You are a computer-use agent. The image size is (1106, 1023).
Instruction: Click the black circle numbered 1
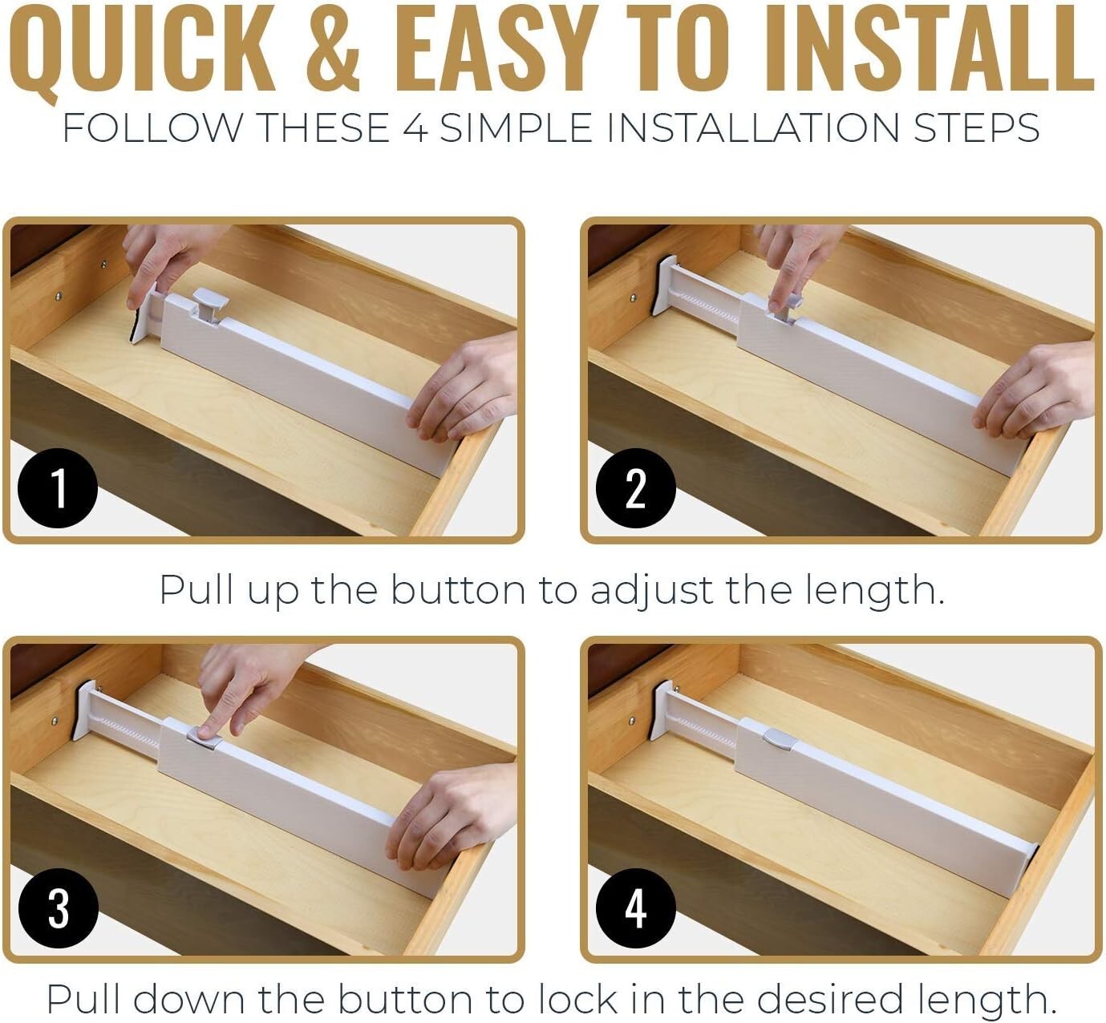coord(57,488)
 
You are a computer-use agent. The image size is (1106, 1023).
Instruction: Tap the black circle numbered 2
coord(635,488)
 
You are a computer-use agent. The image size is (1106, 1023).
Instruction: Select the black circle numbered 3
coord(57,908)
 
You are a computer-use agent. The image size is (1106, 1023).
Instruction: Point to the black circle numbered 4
coord(635,908)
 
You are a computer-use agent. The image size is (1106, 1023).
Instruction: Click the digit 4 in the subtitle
coord(415,129)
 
